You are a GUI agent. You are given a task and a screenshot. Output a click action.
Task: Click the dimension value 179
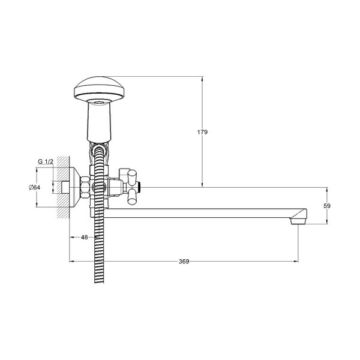[x=202, y=132]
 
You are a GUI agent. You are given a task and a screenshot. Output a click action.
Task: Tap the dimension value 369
[x=184, y=261]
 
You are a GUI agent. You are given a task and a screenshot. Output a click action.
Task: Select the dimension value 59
[x=327, y=206]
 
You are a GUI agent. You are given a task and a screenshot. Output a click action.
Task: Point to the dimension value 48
[x=84, y=237]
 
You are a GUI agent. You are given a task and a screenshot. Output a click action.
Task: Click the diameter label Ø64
[x=34, y=187]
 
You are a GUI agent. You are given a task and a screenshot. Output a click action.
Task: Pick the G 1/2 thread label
[x=46, y=161]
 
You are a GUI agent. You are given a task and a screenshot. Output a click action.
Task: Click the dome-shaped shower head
[x=99, y=90]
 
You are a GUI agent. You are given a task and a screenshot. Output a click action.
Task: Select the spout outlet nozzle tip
[x=298, y=221]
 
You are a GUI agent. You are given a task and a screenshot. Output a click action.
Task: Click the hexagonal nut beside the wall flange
[x=85, y=187]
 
